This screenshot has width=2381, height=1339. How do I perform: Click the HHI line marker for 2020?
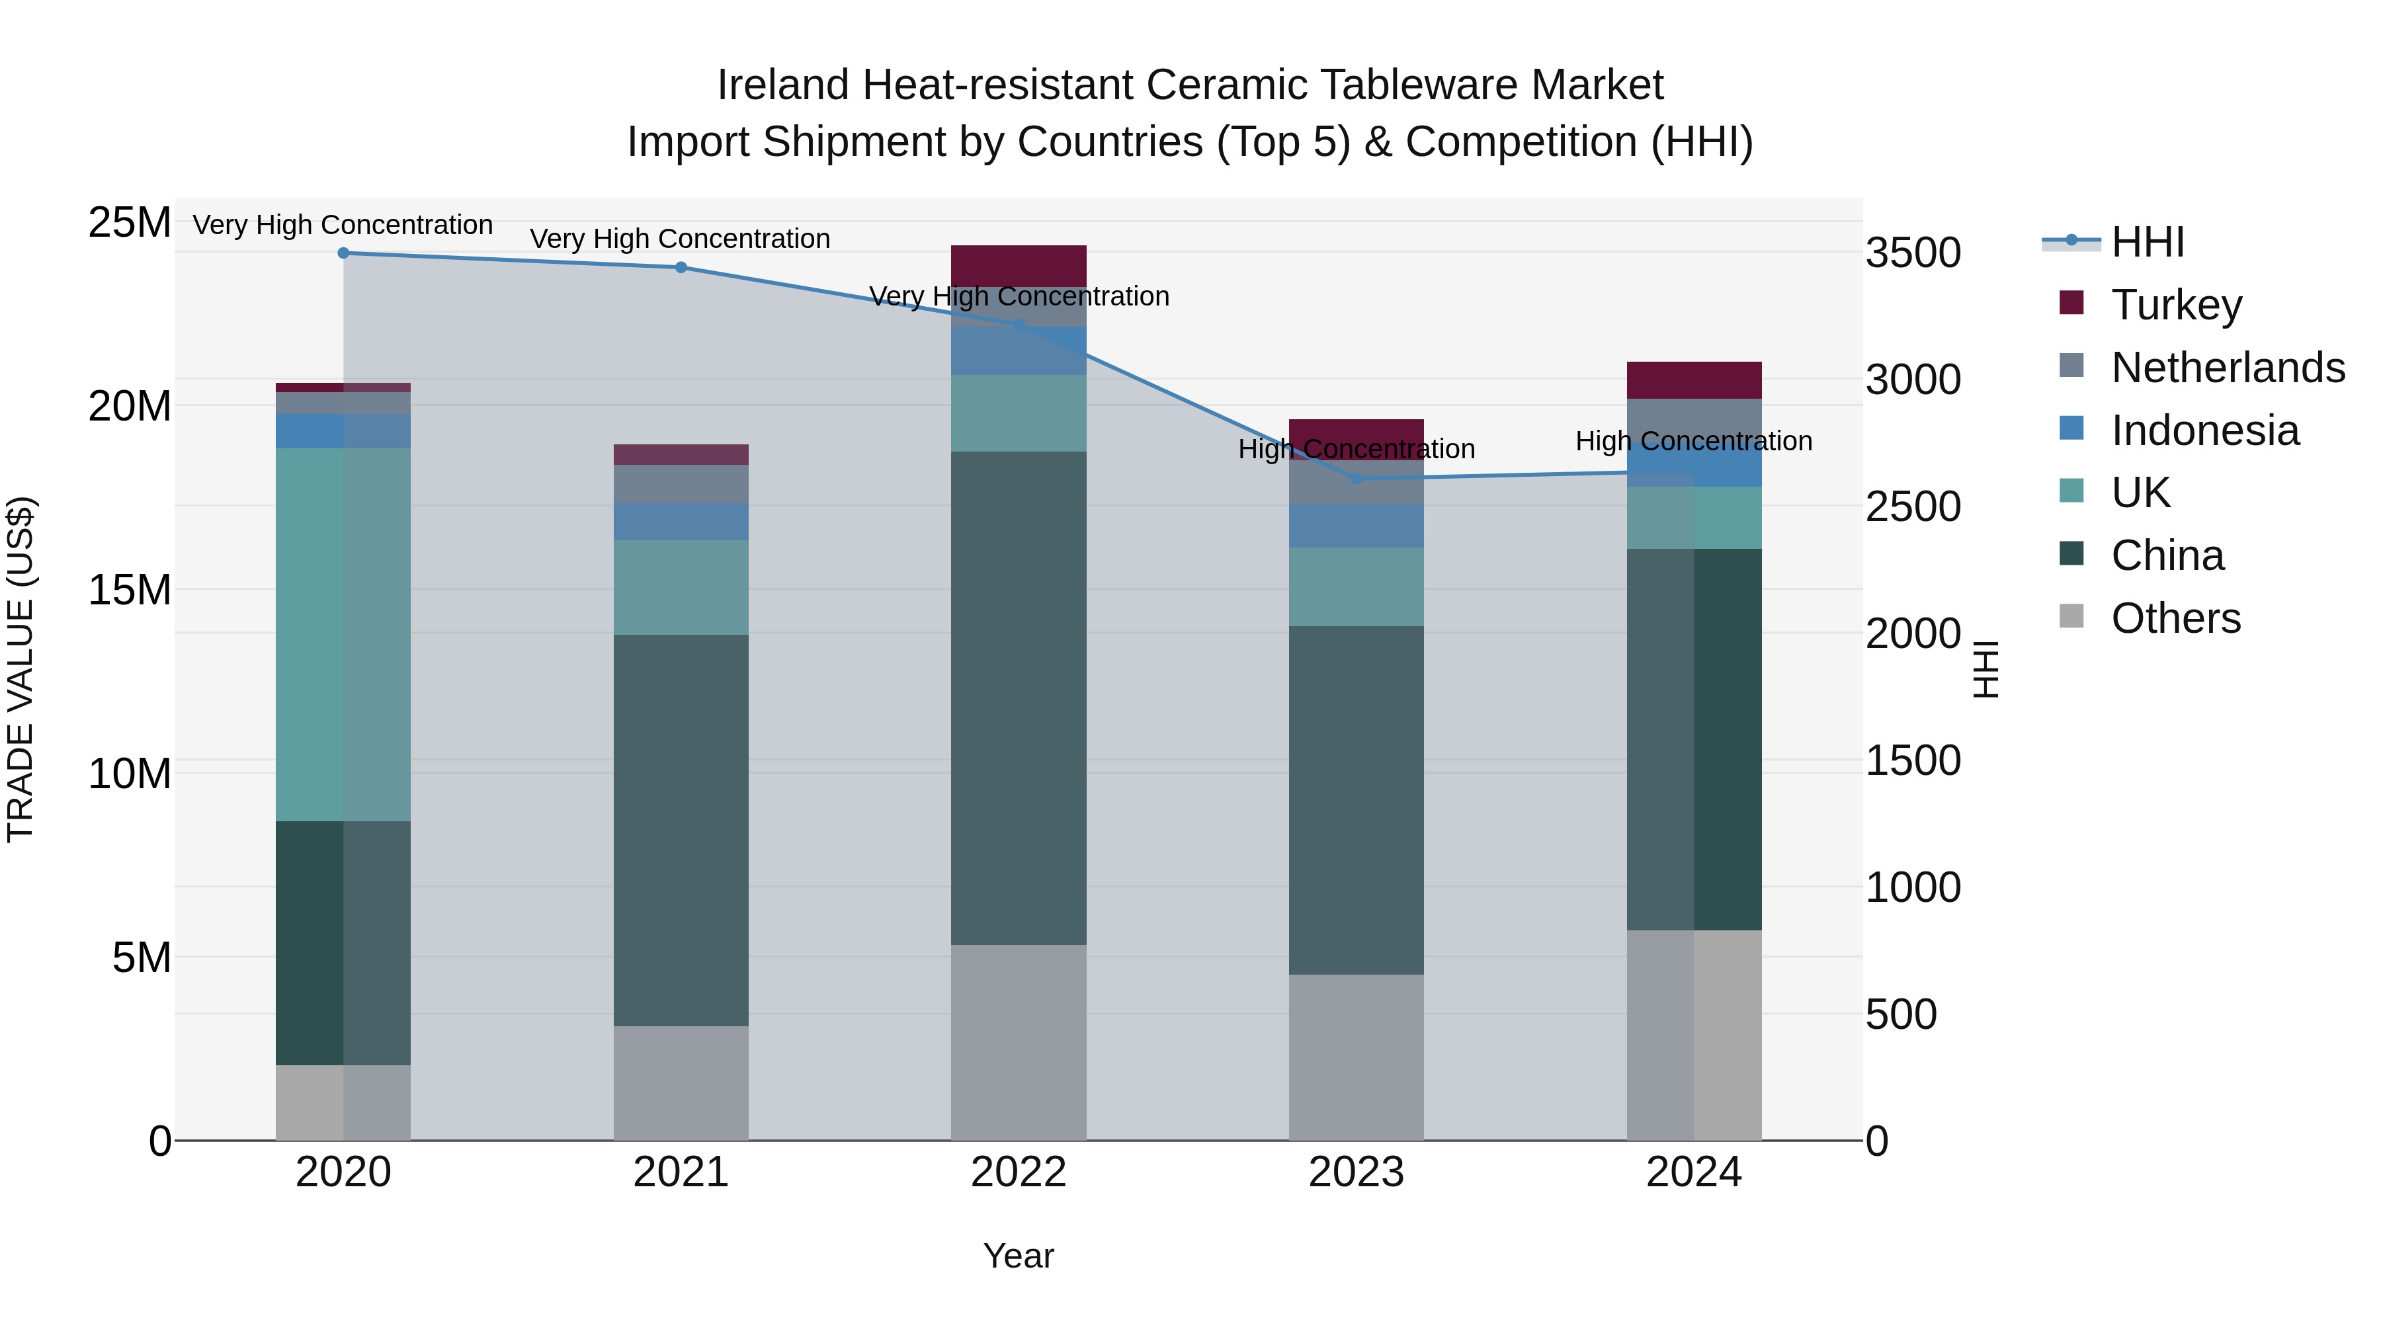coord(343,253)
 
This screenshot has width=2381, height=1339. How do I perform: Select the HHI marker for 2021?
coord(681,268)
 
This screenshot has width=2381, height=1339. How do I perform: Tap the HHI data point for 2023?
coord(1356,479)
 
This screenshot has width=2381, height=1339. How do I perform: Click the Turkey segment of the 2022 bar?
coord(1019,265)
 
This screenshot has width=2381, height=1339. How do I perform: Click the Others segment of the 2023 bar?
coord(1356,1057)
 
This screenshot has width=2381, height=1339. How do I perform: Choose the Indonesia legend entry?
coord(2204,430)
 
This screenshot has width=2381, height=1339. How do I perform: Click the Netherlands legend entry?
coord(2228,368)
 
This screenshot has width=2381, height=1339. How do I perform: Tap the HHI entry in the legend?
coord(2147,242)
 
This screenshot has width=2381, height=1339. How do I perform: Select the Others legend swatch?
coord(2071,616)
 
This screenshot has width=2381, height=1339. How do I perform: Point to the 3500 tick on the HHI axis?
coord(1912,253)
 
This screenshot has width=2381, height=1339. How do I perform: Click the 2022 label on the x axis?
coord(1019,1172)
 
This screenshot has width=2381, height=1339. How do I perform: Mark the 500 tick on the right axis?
coord(1900,1014)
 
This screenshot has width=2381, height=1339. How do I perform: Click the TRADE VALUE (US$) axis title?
coord(21,669)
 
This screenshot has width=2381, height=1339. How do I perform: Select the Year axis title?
coord(1019,1256)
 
